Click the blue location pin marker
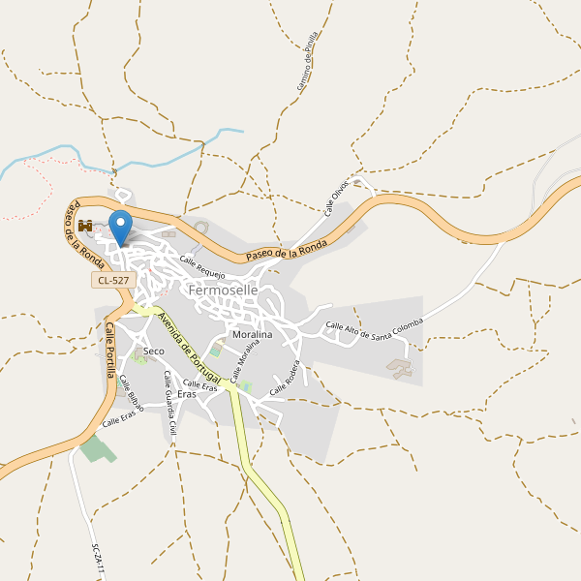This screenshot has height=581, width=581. (120, 228)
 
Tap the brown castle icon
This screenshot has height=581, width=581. (85, 226)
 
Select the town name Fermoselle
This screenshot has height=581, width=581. (224, 290)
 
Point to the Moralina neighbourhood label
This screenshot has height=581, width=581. (252, 334)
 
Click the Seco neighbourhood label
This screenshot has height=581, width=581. (153, 351)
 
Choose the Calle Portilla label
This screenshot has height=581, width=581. (110, 352)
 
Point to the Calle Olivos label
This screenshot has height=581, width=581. (337, 197)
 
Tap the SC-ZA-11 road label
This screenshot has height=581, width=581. (97, 561)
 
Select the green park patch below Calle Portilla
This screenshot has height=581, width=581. (96, 448)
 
